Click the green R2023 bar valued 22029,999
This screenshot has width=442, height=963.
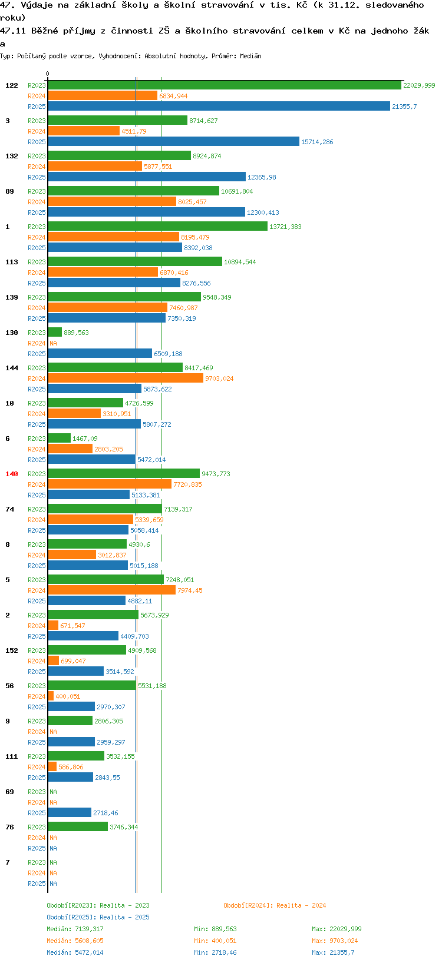point(224,85)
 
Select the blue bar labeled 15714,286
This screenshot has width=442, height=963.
point(173,141)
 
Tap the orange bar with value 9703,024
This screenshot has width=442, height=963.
point(126,378)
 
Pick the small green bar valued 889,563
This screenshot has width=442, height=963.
point(55,333)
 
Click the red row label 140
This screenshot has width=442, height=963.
point(12,474)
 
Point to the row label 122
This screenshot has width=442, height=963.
point(12,85)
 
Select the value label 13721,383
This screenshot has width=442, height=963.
point(285,227)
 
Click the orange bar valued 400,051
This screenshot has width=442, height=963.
point(51,696)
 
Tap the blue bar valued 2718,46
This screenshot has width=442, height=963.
point(70,812)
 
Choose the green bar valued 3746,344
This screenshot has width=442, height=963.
point(77,826)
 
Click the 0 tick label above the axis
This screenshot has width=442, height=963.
point(47,74)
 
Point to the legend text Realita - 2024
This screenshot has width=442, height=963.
point(301,905)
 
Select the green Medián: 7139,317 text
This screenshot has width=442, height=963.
point(75,929)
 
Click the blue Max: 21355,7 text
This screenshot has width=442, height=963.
point(333,952)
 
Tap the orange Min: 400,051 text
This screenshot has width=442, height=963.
point(215,941)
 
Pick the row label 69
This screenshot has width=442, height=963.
point(9,792)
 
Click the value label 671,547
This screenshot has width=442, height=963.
point(72,626)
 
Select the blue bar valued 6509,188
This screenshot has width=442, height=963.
point(100,353)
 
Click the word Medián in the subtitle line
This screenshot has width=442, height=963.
point(251,56)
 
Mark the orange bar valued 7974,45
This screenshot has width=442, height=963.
point(111,590)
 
